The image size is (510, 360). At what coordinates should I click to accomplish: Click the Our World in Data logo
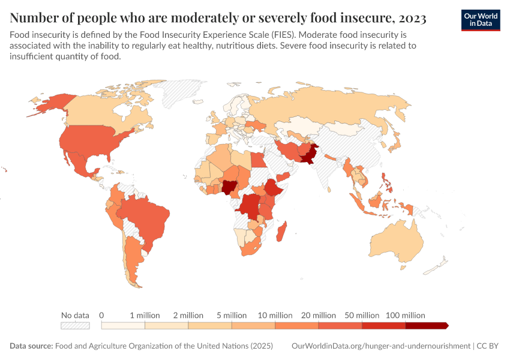tap(481, 20)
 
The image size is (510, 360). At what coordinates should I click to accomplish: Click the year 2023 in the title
tap(411, 19)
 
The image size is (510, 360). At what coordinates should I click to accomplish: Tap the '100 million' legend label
tap(405, 315)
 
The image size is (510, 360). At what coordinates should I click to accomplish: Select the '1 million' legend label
tap(145, 315)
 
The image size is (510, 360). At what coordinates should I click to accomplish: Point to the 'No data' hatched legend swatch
tap(75, 325)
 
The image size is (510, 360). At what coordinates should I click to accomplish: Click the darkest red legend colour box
tap(426, 325)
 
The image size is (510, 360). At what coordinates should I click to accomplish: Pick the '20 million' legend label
tap(319, 315)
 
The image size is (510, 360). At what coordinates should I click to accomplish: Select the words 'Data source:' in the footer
tap(31, 346)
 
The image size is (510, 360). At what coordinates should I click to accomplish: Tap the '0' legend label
tap(101, 315)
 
